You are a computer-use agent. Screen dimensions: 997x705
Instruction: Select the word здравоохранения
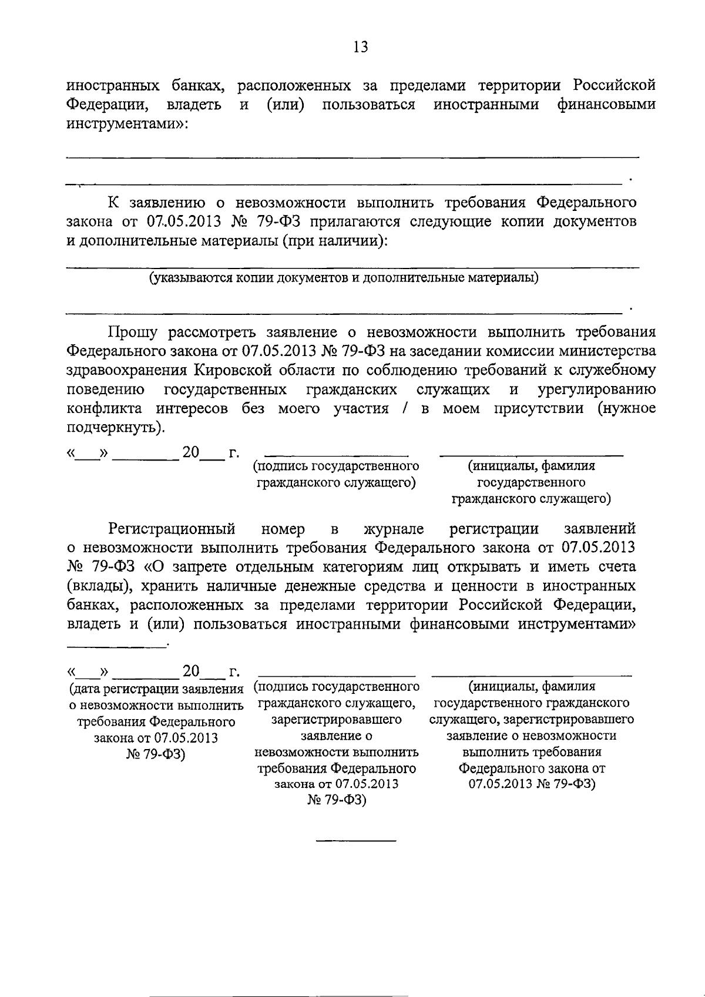point(125,371)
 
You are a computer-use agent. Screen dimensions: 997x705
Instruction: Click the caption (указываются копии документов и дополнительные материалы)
point(344,277)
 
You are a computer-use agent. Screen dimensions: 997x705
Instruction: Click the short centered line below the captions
point(356,841)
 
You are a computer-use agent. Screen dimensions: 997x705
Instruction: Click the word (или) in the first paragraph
point(285,105)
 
